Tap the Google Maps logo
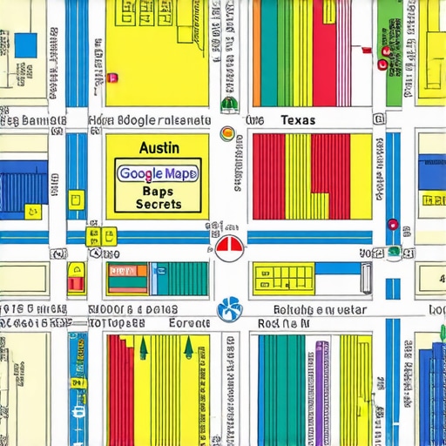[158, 173]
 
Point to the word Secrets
[159, 205]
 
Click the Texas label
[298, 120]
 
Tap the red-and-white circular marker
[227, 247]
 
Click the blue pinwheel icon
[229, 307]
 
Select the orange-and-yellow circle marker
[228, 133]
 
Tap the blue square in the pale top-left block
[26, 44]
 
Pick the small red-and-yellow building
[77, 278]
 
